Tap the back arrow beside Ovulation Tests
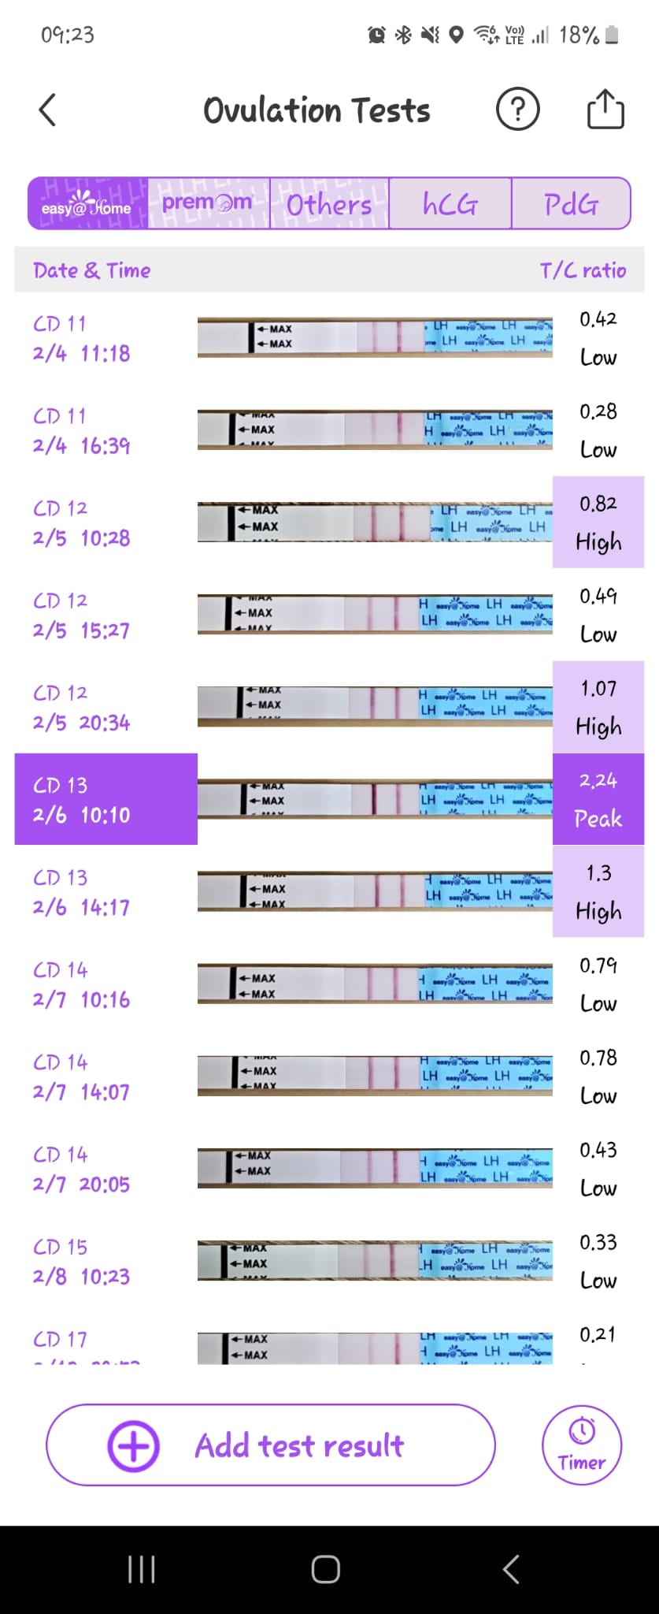click(x=48, y=110)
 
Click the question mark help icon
click(x=517, y=110)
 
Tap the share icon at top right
click(x=605, y=110)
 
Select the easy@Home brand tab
click(x=87, y=204)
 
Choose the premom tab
click(x=208, y=204)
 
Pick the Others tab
click(x=329, y=204)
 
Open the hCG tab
click(x=450, y=204)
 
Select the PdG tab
click(x=571, y=204)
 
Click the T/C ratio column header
click(x=583, y=270)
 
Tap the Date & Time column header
click(x=91, y=270)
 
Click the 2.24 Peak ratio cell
click(x=598, y=799)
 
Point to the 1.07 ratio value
click(x=598, y=689)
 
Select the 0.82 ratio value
click(x=598, y=504)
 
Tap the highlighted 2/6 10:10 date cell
click(x=106, y=799)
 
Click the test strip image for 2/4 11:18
click(x=375, y=337)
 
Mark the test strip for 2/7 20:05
click(x=375, y=1168)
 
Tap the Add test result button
click(x=270, y=1445)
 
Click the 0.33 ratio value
click(x=598, y=1243)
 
